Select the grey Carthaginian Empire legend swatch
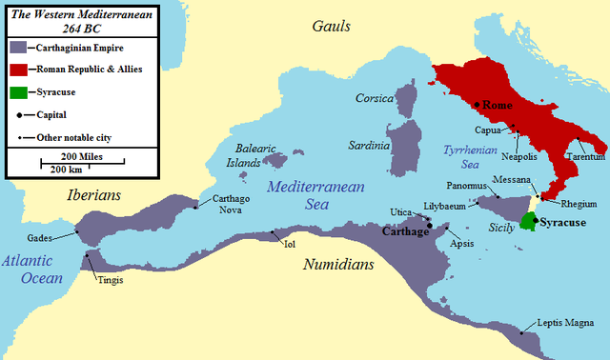17,46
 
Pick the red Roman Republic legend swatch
17,69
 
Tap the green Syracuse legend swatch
17,92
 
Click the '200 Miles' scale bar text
83,155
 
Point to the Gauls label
331,27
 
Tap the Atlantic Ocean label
31,268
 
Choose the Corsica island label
374,98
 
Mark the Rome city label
498,104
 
